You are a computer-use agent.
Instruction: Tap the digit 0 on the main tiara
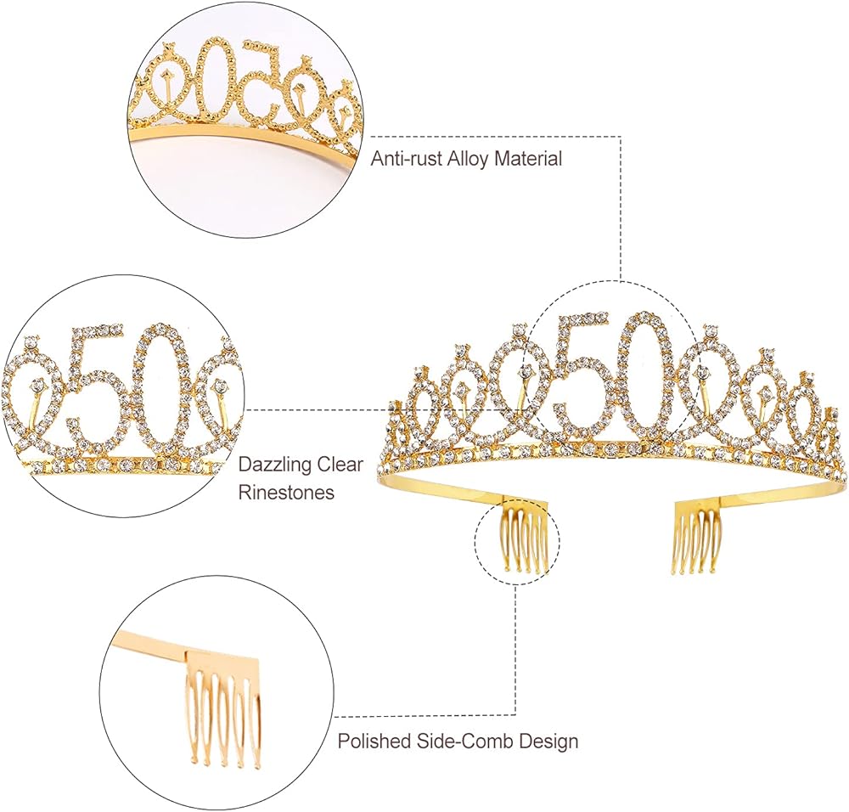(x=645, y=374)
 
